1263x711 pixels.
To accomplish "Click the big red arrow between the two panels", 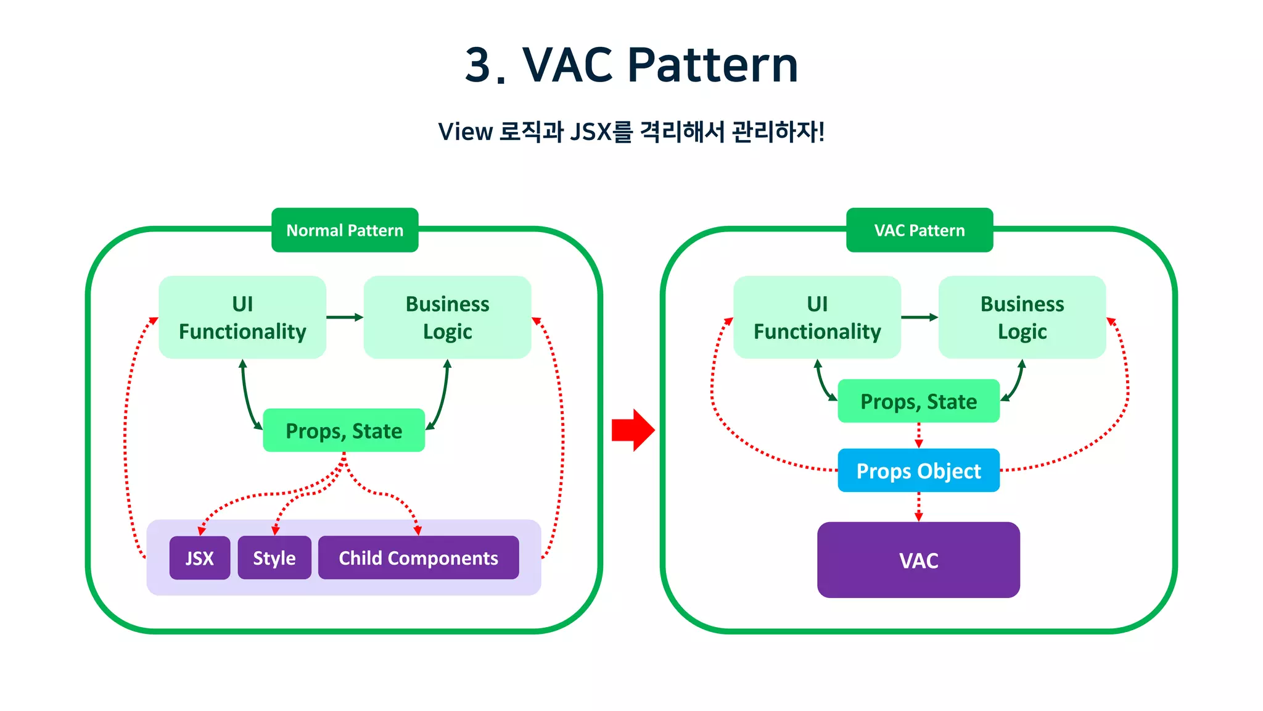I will (x=632, y=430).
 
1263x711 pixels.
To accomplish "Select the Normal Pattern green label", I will (x=345, y=230).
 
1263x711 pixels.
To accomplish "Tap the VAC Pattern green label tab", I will (x=919, y=230).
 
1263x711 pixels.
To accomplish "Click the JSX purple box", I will (x=200, y=558).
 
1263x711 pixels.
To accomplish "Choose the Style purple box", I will (x=274, y=558).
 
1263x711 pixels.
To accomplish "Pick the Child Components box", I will (x=418, y=558).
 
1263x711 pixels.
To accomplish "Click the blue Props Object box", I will (x=918, y=471).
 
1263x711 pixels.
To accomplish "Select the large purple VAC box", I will (x=918, y=560).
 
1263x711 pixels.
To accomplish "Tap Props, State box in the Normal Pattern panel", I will (x=344, y=431).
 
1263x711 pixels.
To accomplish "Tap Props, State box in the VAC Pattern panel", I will (x=918, y=401).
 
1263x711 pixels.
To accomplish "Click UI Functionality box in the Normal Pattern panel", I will (x=242, y=317).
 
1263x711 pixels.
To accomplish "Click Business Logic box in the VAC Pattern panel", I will (x=1022, y=317).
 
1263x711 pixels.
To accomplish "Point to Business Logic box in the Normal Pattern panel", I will (x=447, y=317).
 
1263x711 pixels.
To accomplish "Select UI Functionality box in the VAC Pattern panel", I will (x=817, y=317).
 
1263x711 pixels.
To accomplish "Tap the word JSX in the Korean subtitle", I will (x=590, y=132).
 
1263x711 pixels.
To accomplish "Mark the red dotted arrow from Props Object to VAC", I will (x=918, y=507).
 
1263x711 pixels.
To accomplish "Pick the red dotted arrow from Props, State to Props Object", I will (x=918, y=436).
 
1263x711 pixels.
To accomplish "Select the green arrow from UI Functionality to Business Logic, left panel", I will (x=344, y=317).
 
